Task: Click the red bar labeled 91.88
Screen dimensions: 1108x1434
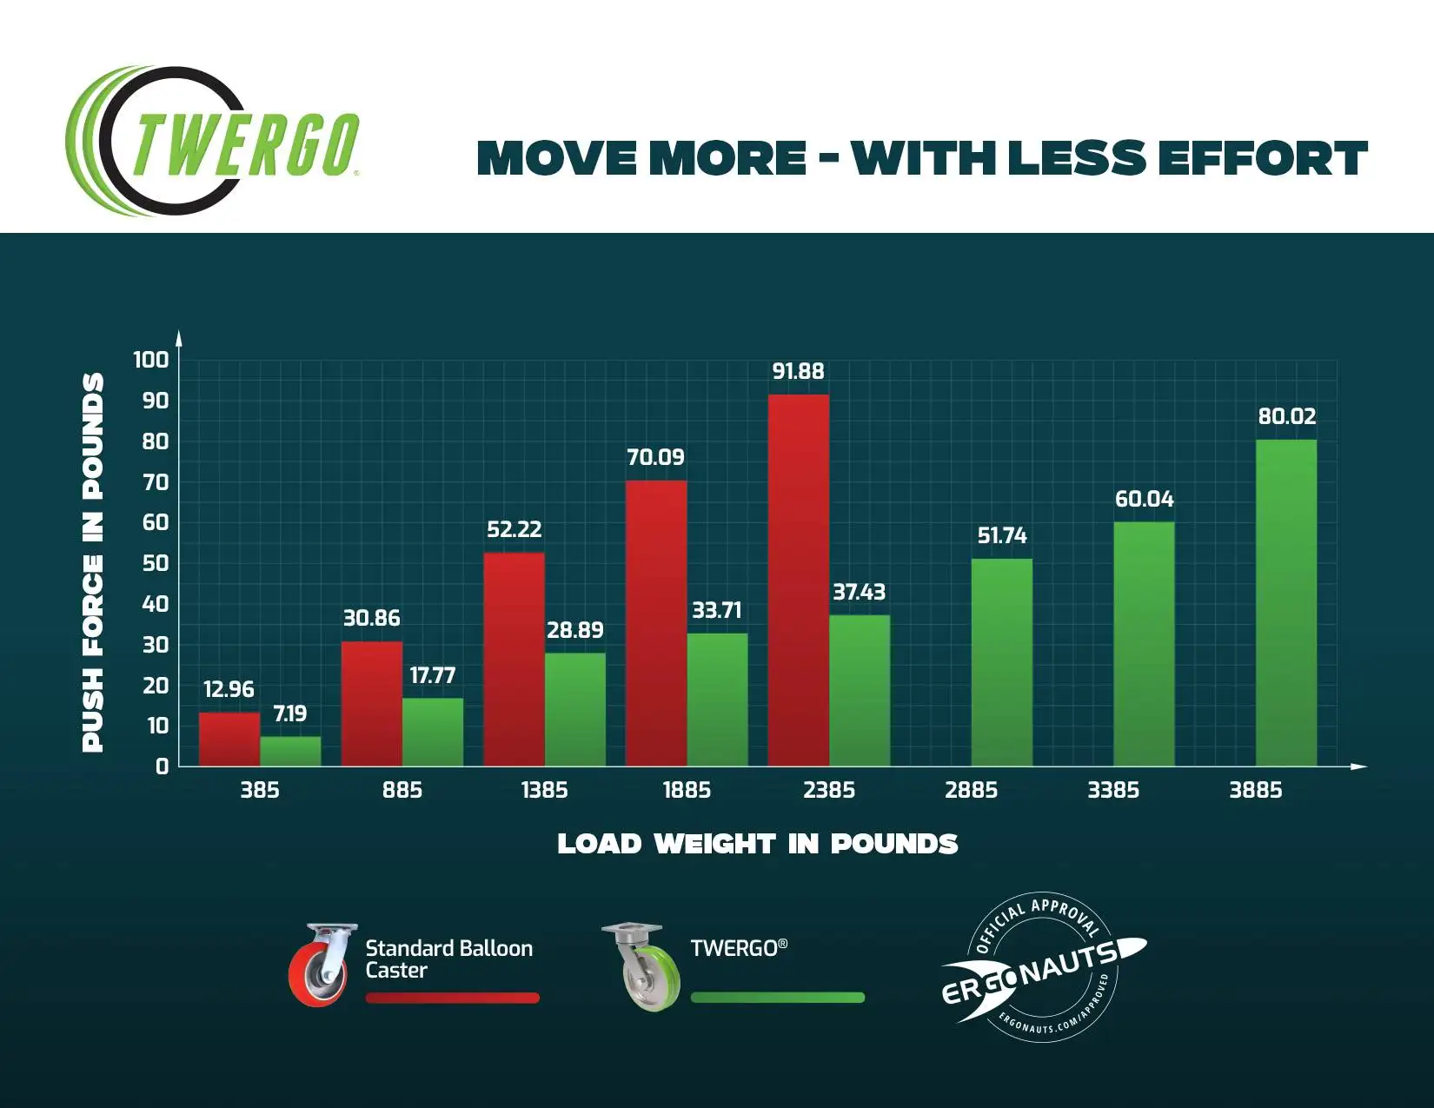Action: coord(798,581)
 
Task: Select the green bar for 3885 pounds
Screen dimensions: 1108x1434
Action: coord(1286,603)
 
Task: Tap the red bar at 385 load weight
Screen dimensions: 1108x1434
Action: coord(229,740)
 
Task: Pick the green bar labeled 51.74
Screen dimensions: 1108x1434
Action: coord(1001,662)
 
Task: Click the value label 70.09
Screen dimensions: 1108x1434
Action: coord(655,457)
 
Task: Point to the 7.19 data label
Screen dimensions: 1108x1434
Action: coord(290,713)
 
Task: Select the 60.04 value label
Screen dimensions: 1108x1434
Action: coord(1144,499)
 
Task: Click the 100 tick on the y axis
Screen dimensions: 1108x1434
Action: coord(150,360)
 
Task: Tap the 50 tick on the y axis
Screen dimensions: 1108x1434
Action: coord(156,563)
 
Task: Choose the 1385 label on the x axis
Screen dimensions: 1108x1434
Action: coord(544,790)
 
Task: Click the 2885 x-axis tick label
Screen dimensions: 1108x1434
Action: coord(971,790)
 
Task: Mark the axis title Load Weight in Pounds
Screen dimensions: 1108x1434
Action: coord(757,844)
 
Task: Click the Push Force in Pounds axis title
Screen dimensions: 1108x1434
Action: coord(93,562)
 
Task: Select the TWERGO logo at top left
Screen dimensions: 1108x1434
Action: coord(213,141)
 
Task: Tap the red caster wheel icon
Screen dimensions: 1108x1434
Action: coord(322,965)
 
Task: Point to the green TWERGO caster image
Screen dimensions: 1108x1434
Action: coord(641,967)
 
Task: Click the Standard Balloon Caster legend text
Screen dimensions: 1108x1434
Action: coord(448,959)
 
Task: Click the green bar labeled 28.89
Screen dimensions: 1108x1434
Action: coord(574,709)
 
